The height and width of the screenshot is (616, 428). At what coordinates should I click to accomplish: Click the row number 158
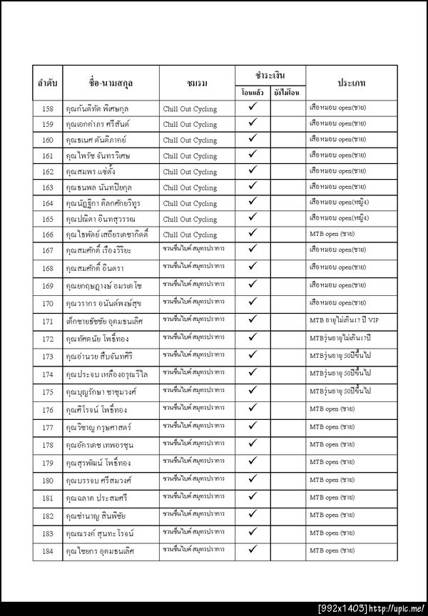click(48, 108)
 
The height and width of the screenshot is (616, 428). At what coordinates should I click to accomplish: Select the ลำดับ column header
click(48, 83)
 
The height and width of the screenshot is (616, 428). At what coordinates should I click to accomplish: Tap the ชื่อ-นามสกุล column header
click(111, 83)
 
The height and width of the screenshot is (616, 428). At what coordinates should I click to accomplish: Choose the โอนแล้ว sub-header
click(253, 93)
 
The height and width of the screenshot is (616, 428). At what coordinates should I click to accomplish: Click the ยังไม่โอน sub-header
click(288, 93)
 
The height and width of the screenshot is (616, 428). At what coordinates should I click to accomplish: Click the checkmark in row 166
click(253, 233)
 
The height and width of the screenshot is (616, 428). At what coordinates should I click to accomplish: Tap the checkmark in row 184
click(253, 550)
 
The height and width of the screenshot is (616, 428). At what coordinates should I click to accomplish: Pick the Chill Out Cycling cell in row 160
click(190, 140)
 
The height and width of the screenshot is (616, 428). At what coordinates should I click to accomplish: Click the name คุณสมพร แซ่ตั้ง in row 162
click(92, 172)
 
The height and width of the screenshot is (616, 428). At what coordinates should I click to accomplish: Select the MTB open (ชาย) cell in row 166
click(332, 234)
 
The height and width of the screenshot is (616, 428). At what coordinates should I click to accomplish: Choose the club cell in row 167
click(193, 250)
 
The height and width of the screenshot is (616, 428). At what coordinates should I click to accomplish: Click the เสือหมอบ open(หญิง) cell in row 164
click(339, 202)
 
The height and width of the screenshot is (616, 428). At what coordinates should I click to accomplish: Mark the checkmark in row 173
click(253, 355)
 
